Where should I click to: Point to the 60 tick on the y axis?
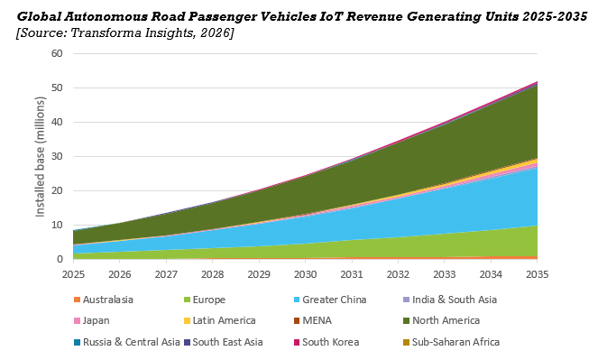point(56,53)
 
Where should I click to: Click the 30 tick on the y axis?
point(56,156)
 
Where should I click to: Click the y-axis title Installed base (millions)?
point(41,156)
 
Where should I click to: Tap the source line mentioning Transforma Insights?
point(125,33)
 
